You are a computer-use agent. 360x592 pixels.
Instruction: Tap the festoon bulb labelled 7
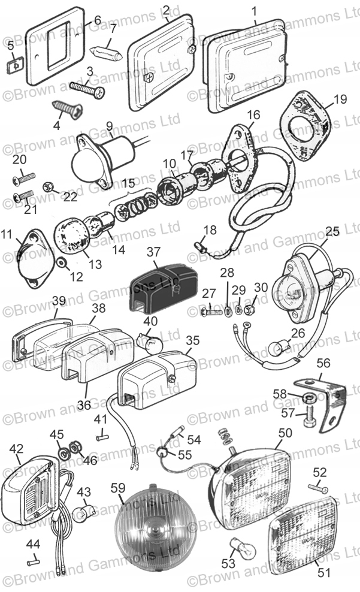108,51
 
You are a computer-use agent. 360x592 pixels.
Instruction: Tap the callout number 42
16,448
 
